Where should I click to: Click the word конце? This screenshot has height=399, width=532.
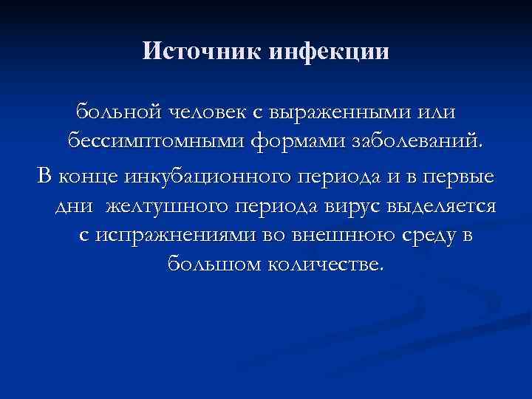(x=89, y=178)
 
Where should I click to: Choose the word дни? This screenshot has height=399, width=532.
(x=74, y=206)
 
